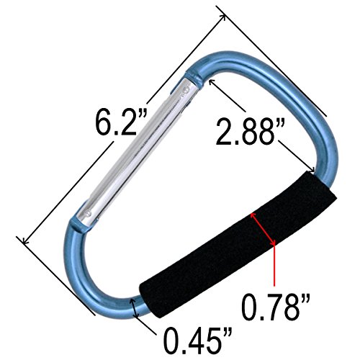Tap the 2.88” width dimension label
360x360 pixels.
tap(251, 132)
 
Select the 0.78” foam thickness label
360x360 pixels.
tap(276, 307)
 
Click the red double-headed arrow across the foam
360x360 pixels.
tap(263, 229)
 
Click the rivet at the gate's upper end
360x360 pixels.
tap(185, 91)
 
